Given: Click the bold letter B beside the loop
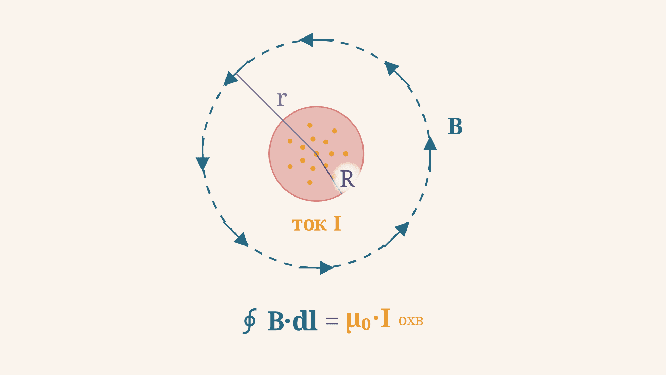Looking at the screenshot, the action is pos(455,126).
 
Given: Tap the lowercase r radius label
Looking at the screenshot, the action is pos(282,99).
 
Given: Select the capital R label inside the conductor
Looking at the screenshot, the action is pos(347,179).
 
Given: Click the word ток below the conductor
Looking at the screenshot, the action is pos(309,225).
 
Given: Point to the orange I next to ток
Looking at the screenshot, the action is pos(337,223).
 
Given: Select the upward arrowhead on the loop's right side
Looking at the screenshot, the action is pos(430,143).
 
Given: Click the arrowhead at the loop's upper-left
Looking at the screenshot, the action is pos(230,78).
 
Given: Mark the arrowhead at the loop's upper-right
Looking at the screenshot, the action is pos(391,68).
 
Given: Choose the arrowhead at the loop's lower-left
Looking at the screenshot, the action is pos(241,240).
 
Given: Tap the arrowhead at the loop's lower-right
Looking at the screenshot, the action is pos(402,229).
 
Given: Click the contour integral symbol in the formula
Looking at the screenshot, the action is pos(249,321).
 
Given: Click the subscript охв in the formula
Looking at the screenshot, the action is pos(411,322).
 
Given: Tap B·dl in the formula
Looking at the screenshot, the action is pos(292,321).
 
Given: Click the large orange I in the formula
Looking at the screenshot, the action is pos(386,319).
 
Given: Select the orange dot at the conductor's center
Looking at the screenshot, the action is pos(316,154).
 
